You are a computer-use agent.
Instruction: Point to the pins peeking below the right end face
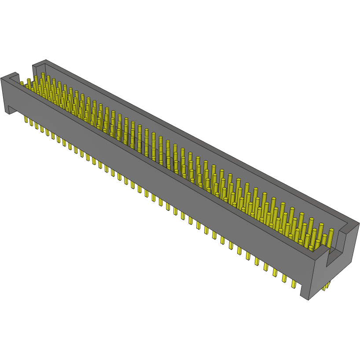pos(326,287)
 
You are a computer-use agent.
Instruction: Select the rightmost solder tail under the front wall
pos(294,283)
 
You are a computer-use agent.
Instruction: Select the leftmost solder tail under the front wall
pos(26,119)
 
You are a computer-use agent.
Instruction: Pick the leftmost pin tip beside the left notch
pos(22,83)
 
